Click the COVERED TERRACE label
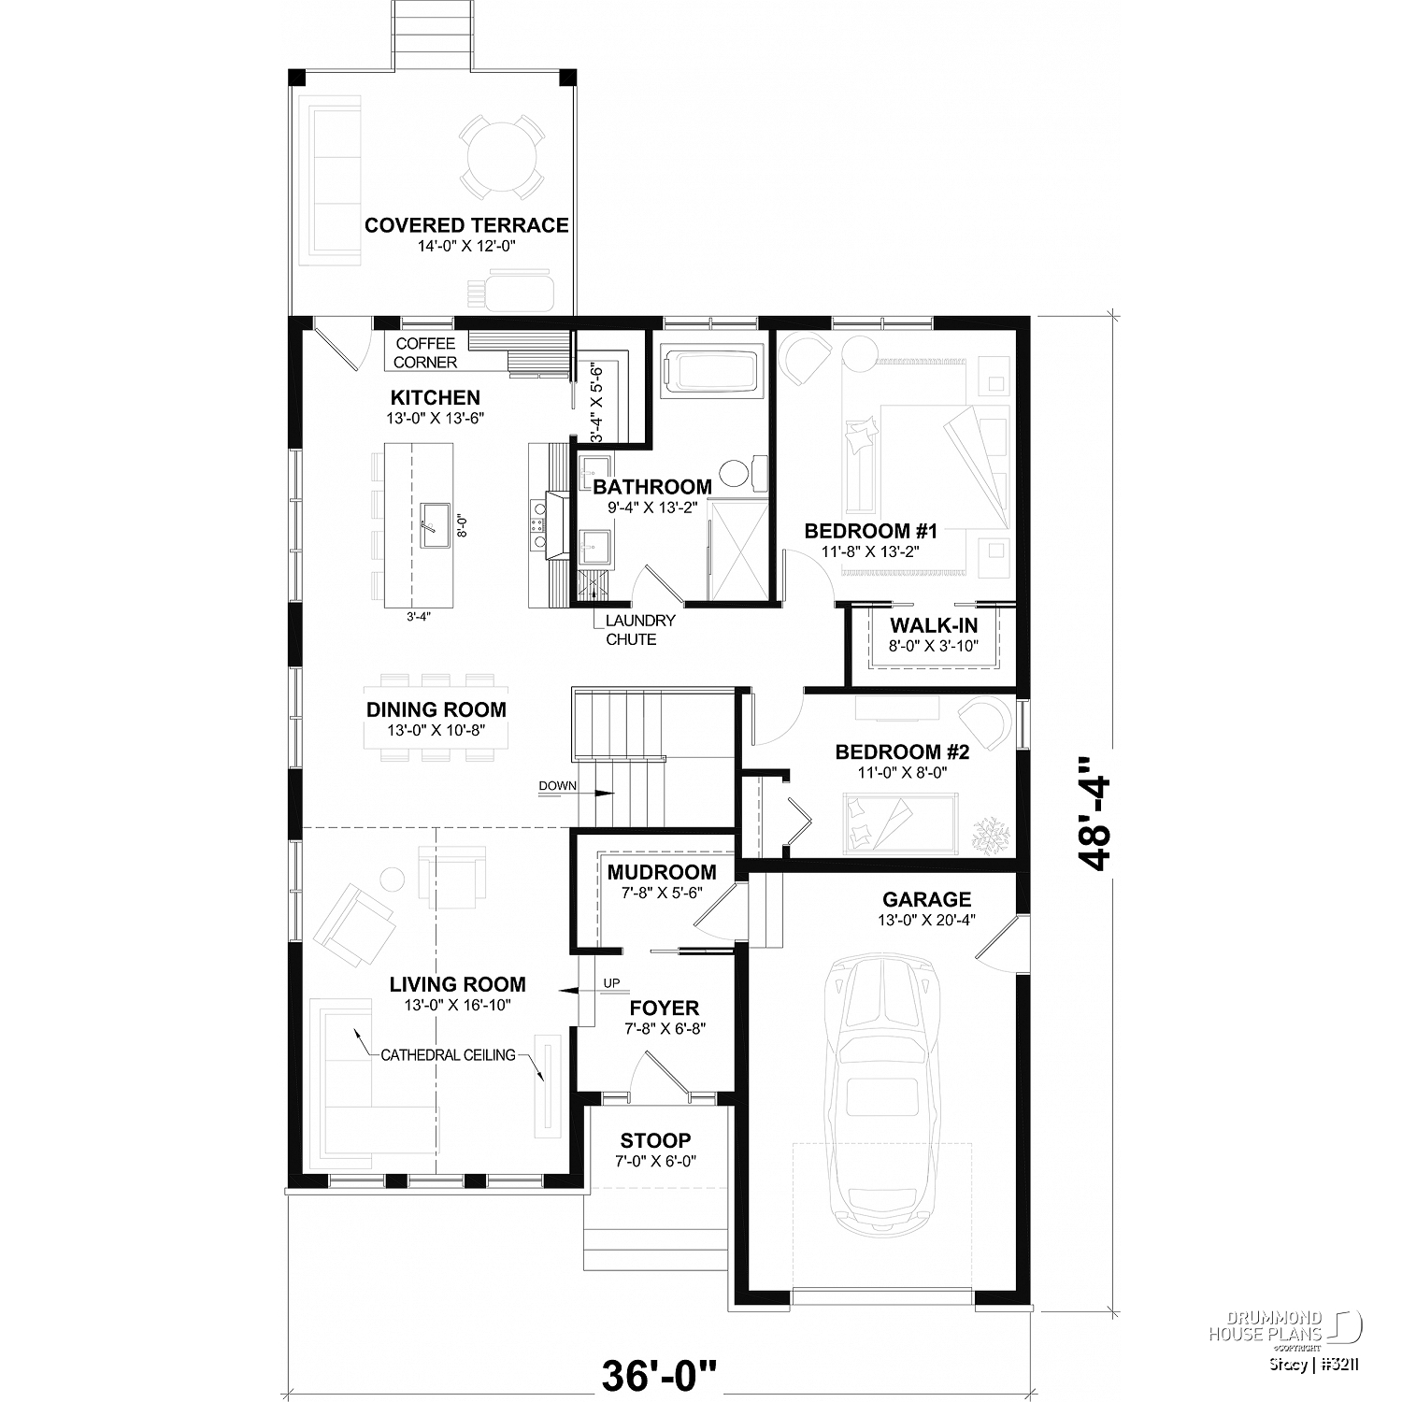(466, 225)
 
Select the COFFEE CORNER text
(426, 353)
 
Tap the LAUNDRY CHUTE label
(639, 630)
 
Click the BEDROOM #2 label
(902, 752)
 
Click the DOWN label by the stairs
(557, 786)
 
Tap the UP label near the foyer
(612, 982)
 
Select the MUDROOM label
(662, 873)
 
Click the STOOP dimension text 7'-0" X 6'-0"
(656, 1161)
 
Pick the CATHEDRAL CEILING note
(448, 1055)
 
